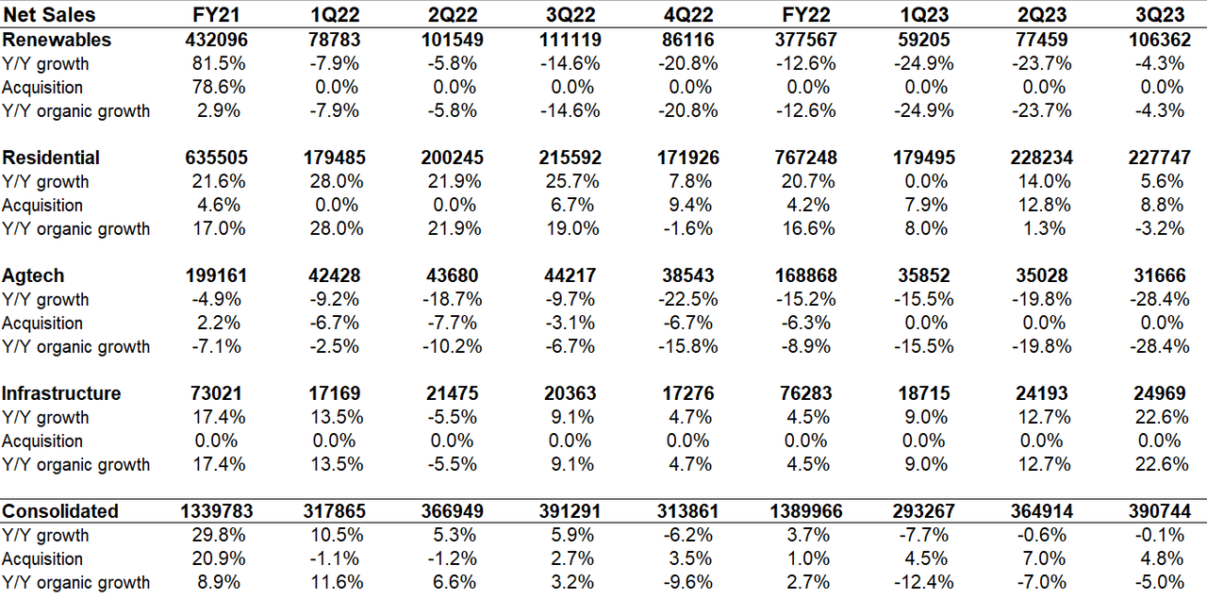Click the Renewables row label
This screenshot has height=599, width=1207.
click(57, 40)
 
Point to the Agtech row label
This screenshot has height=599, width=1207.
click(33, 275)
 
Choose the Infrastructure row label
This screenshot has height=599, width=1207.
click(61, 393)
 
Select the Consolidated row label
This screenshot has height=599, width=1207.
click(60, 511)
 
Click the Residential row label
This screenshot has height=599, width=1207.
click(51, 158)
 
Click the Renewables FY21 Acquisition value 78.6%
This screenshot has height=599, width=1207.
click(218, 87)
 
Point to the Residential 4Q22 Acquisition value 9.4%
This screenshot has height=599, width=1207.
click(690, 205)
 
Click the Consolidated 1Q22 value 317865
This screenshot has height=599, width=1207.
click(334, 511)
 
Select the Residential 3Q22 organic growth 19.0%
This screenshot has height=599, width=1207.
click(570, 228)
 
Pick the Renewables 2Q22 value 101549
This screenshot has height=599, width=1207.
click(452, 40)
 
